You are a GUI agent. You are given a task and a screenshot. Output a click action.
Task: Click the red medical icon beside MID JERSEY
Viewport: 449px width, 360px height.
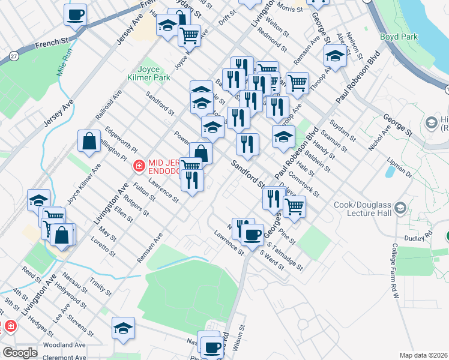[139, 164]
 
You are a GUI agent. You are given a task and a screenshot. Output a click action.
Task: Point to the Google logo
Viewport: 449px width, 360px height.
[19, 353]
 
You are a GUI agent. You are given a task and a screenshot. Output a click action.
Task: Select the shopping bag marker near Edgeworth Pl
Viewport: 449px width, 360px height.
[89, 142]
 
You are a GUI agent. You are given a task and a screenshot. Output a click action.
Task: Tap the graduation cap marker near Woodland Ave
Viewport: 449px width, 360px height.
[123, 328]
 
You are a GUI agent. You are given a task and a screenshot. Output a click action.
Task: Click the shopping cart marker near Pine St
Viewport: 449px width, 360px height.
[294, 206]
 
